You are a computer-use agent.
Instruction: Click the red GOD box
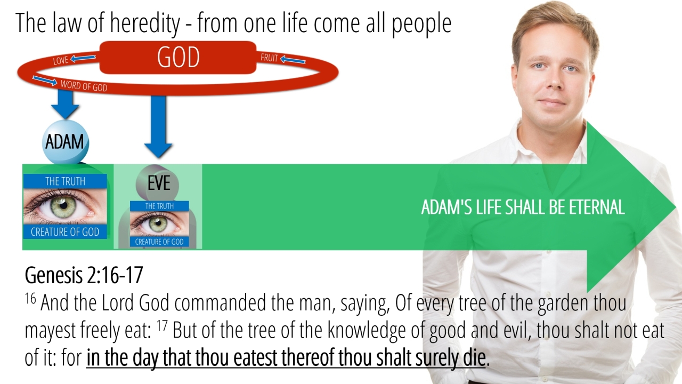click(178, 57)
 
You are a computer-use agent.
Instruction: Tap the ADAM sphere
click(65, 142)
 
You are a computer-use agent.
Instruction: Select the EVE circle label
click(157, 183)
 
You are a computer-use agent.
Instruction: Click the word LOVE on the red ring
click(61, 60)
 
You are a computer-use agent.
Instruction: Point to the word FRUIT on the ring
click(269, 58)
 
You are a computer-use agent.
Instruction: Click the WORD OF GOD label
click(84, 86)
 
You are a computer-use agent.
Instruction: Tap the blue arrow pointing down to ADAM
click(65, 104)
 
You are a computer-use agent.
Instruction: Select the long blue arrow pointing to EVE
click(158, 126)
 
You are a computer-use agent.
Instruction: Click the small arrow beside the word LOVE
click(83, 58)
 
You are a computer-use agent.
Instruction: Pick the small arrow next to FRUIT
click(293, 59)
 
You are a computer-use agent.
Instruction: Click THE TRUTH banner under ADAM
click(65, 181)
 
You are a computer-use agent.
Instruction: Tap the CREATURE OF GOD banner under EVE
click(159, 242)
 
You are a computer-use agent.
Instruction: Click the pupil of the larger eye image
click(63, 205)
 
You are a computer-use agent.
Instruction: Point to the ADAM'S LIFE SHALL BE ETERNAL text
click(523, 207)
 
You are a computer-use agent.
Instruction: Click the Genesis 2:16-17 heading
click(84, 275)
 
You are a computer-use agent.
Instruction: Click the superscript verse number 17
click(162, 325)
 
